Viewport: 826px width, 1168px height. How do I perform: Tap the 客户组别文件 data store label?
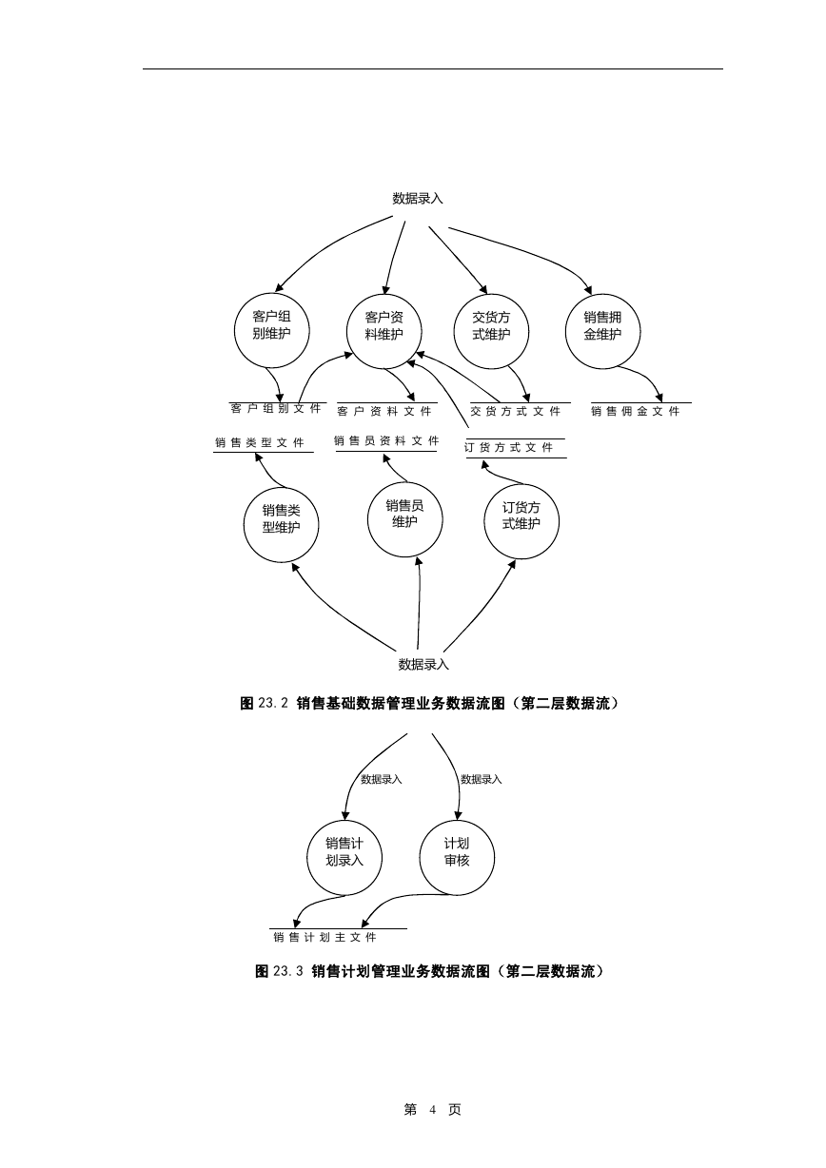(276, 408)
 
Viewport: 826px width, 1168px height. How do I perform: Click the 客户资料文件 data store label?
(384, 412)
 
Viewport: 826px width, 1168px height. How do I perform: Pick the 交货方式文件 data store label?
(516, 412)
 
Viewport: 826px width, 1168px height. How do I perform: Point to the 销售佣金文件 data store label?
(636, 412)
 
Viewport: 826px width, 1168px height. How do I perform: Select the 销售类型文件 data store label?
(260, 442)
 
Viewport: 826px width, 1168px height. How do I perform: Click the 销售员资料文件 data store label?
(386, 441)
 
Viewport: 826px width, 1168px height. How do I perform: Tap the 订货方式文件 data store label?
(509, 447)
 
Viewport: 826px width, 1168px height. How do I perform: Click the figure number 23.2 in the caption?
(273, 704)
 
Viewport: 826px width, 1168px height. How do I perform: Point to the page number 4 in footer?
(433, 1110)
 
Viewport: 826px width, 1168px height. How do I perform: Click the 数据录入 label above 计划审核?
(482, 780)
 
